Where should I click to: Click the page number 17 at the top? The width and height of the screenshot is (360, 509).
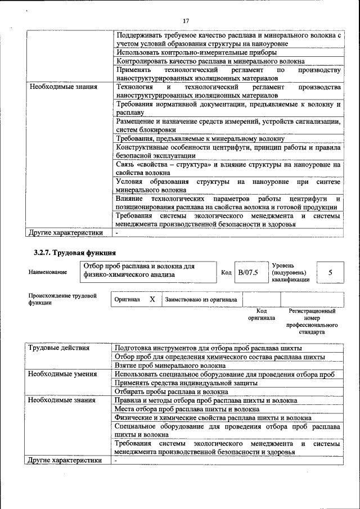pyautogui.click(x=186, y=21)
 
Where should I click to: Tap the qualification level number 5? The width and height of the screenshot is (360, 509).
pyautogui.click(x=330, y=272)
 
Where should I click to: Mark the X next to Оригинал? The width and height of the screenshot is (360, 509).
pyautogui.click(x=152, y=300)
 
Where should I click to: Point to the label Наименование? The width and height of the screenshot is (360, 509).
pyautogui.click(x=47, y=272)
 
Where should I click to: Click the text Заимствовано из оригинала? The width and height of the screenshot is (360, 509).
pyautogui.click(x=201, y=300)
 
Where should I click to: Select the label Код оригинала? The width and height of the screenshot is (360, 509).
pyautogui.click(x=261, y=314)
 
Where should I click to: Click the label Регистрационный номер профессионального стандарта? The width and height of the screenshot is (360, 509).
pyautogui.click(x=312, y=321)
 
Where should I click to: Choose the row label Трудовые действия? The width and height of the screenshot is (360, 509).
pyautogui.click(x=59, y=348)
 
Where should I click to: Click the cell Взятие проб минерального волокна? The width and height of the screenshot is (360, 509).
pyautogui.click(x=166, y=366)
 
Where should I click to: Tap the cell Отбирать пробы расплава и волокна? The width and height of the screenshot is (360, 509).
pyautogui.click(x=171, y=391)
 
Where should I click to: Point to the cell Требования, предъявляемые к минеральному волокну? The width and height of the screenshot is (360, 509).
pyautogui.click(x=200, y=138)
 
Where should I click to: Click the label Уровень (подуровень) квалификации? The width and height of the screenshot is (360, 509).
pyautogui.click(x=290, y=272)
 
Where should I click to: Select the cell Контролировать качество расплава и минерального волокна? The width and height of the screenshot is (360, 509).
pyautogui.click(x=210, y=61)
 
